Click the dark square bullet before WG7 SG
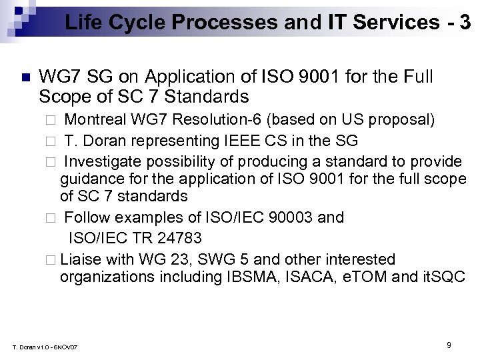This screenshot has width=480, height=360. pos(25,77)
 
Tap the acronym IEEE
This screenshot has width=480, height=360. pos(253,141)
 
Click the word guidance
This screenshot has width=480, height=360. pos(91,179)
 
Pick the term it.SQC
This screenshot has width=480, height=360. pos(443,277)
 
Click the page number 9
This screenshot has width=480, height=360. pos(449,345)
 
